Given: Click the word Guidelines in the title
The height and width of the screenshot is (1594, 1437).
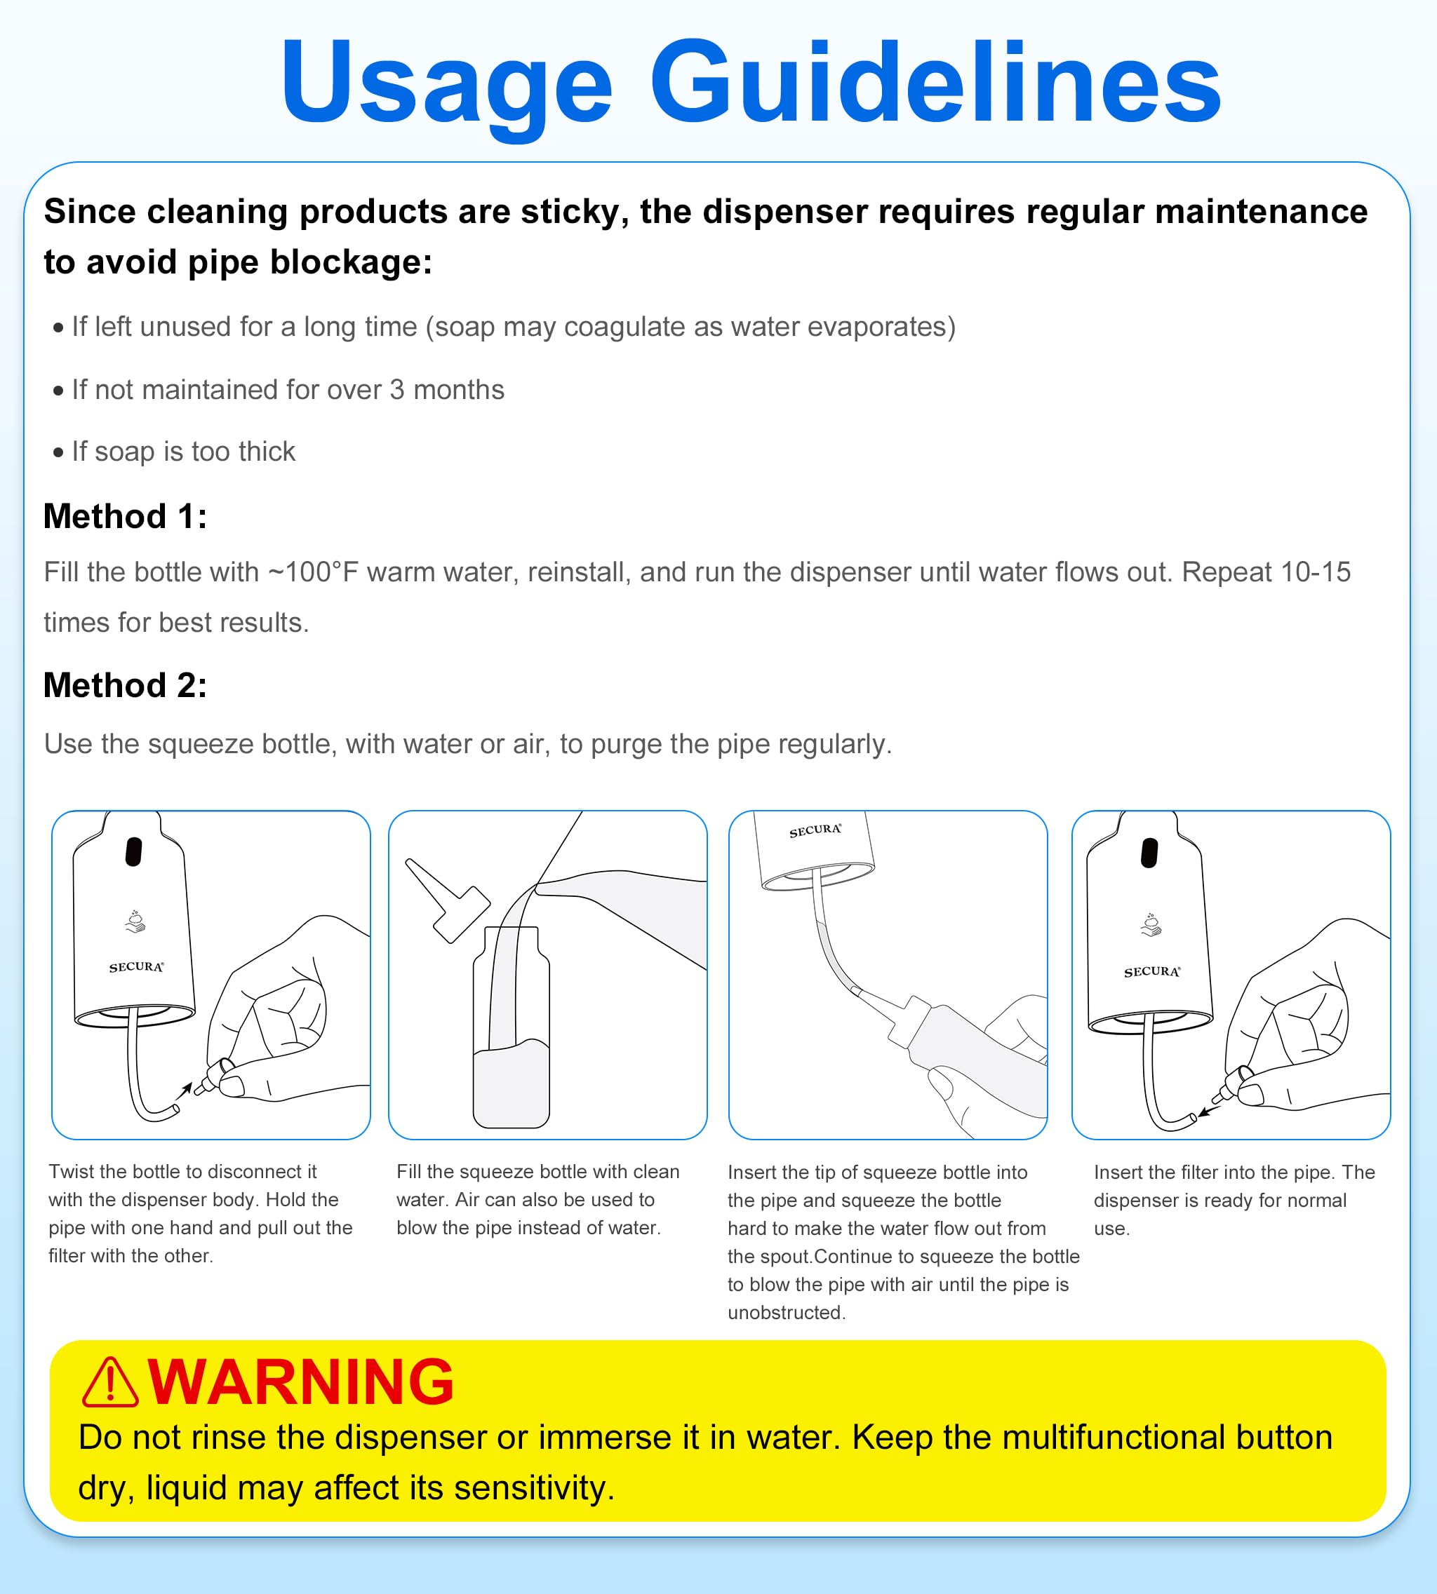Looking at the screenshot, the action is (935, 82).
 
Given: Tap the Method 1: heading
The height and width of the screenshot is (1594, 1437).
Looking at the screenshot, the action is (125, 517).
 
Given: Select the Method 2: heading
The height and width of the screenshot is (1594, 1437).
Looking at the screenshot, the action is (125, 685).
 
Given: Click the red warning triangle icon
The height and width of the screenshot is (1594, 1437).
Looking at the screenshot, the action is (111, 1382).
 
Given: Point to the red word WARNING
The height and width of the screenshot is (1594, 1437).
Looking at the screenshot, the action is (301, 1382).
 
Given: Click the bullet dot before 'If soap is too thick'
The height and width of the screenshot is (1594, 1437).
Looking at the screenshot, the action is (58, 453).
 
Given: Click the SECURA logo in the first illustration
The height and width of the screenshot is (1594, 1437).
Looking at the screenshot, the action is (137, 966).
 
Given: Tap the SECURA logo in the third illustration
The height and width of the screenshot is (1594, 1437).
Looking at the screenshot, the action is (815, 830).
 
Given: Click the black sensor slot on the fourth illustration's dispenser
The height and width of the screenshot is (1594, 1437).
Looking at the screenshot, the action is (1149, 853).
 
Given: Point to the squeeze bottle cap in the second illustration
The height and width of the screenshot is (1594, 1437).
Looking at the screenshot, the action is (448, 900).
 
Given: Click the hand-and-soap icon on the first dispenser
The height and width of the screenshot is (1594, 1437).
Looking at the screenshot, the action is (136, 921).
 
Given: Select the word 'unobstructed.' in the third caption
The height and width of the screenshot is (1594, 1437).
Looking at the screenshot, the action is (787, 1312).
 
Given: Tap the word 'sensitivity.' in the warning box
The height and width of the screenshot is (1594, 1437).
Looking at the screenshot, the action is (534, 1488).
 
